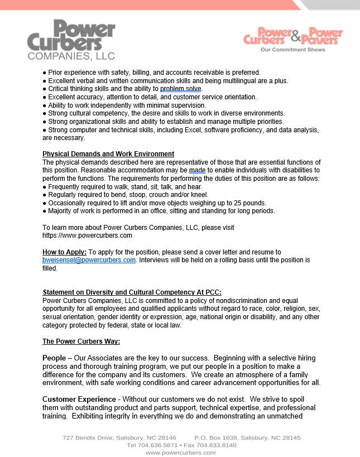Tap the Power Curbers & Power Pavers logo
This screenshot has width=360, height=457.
tap(293, 36)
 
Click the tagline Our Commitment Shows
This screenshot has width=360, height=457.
tap(292, 50)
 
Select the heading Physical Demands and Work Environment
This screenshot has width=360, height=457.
tap(108, 154)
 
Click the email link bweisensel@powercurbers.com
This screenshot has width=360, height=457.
tap(89, 260)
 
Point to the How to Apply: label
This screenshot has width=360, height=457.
tap(64, 252)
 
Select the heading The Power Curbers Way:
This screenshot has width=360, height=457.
tap(81, 341)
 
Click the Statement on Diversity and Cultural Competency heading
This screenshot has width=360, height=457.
tap(132, 292)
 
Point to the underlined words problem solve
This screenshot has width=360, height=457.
tap(181, 89)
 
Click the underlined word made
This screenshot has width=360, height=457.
tap(197, 170)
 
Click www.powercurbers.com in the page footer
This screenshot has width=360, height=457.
tap(180, 453)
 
